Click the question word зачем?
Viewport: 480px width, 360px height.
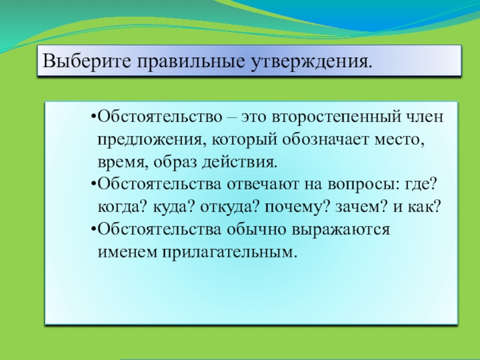click(350, 208)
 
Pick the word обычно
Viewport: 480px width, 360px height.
click(254, 230)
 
